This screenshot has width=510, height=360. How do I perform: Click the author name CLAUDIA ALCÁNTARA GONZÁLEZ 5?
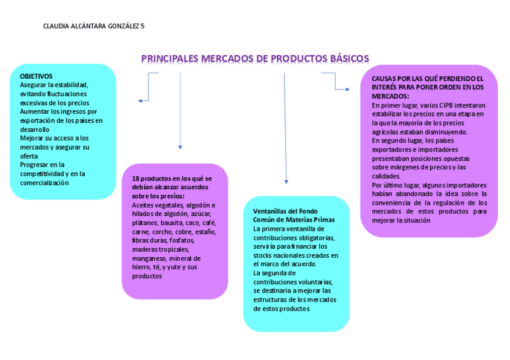click(94, 26)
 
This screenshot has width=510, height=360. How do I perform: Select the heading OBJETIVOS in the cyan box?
click(36, 76)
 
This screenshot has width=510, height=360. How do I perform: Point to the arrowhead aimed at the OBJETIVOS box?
click(140, 100)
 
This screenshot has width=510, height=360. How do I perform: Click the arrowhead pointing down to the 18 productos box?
click(180, 147)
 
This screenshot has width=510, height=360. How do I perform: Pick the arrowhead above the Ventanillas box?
click(286, 182)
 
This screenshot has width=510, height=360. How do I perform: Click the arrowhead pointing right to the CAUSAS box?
click(347, 89)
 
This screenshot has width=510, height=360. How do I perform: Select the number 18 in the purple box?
click(135, 178)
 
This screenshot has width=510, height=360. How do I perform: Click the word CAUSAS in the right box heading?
click(383, 79)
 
